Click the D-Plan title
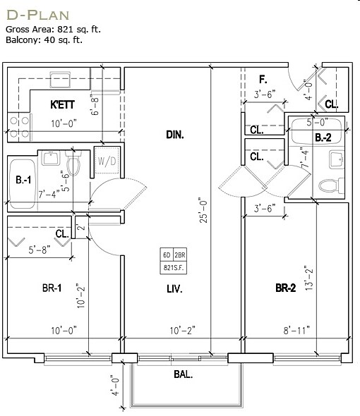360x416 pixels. tap(37, 15)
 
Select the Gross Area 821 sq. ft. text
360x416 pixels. tap(53, 29)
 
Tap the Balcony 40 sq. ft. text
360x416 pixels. tap(44, 39)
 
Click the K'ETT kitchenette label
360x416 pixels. tap(62, 105)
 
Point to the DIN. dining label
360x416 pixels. tap(175, 135)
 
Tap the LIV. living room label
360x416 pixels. tap(174, 288)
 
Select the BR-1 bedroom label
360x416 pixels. tap(52, 288)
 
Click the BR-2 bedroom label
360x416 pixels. tap(286, 288)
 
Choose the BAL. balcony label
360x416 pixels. tap(184, 374)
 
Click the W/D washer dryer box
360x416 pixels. tap(107, 160)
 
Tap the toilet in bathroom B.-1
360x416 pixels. tap(73, 162)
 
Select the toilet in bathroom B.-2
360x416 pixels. tap(331, 185)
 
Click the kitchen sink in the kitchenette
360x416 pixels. tap(61, 79)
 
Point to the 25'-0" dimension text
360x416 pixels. tap(203, 210)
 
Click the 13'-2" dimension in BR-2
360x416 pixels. tap(309, 278)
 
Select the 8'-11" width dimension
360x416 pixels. tap(296, 330)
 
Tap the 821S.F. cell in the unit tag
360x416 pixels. tap(174, 268)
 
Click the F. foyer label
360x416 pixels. tap(263, 80)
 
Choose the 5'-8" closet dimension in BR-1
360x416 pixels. tap(40, 250)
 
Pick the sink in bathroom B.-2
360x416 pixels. tap(337, 159)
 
